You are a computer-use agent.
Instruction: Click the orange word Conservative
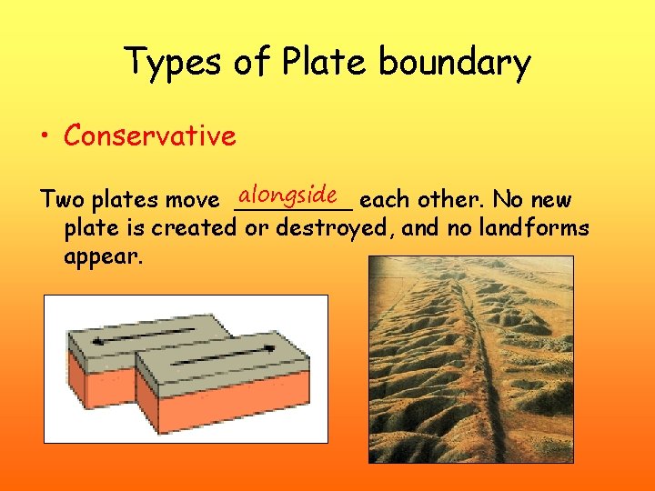pyautogui.click(x=149, y=136)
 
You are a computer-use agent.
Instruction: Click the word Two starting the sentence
pyautogui.click(x=60, y=200)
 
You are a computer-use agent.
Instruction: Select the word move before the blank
pyautogui.click(x=193, y=200)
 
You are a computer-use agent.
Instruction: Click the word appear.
pyautogui.click(x=103, y=256)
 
